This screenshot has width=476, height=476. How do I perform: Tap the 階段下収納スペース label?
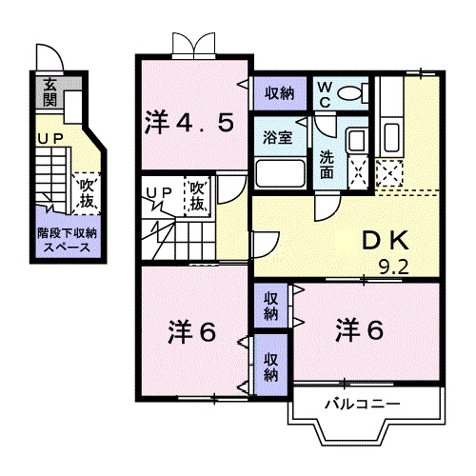pyautogui.click(x=66, y=239)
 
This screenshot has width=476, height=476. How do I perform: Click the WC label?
pyautogui.click(x=324, y=93)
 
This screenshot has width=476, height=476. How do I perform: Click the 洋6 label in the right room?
pyautogui.click(x=358, y=331)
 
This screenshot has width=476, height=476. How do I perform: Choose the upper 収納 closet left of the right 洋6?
pyautogui.click(x=271, y=306)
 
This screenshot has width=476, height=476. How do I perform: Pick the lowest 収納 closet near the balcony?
pyautogui.click(x=271, y=367)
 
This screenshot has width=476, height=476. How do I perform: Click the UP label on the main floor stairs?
pyautogui.click(x=158, y=194)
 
